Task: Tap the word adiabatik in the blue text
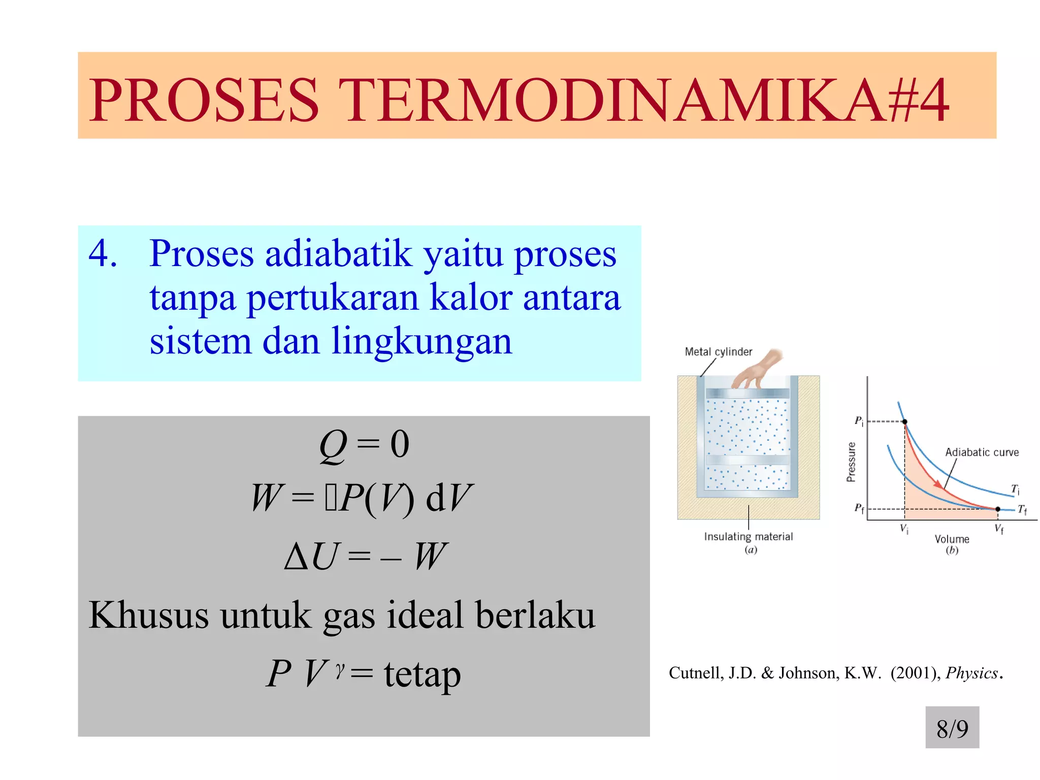338,254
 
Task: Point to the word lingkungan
421,342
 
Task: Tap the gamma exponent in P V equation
340,669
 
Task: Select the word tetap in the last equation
422,674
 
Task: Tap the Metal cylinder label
718,352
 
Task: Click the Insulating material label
748,537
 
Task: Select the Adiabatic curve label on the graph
982,452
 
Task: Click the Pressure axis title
851,462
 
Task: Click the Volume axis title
952,539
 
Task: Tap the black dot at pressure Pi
904,421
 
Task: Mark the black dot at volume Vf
997,509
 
